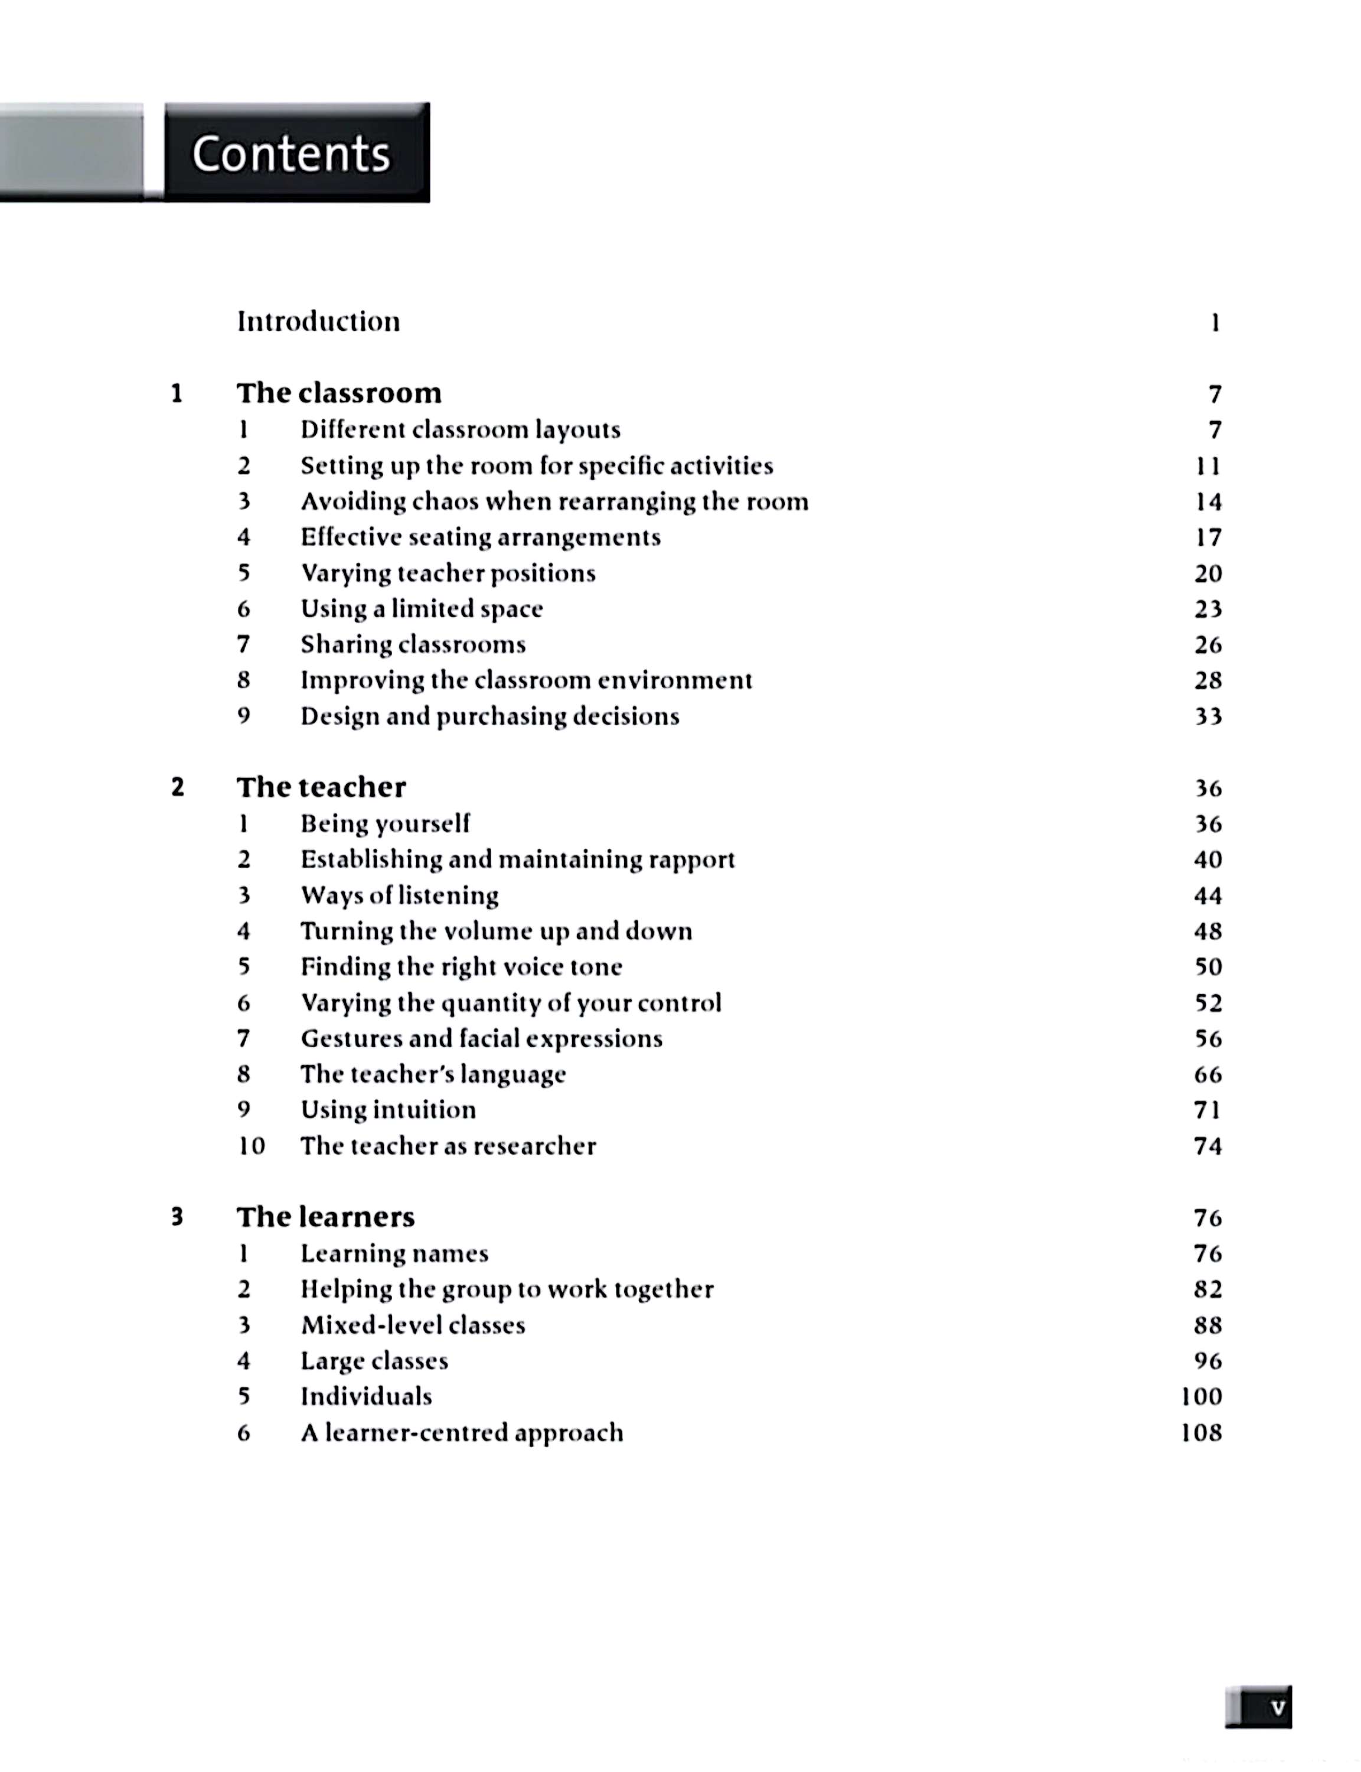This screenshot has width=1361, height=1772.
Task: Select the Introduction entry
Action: tap(318, 322)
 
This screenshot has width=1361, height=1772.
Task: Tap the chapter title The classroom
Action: tap(339, 393)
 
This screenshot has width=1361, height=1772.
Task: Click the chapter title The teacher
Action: tap(321, 787)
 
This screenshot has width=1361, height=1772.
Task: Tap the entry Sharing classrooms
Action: tap(413, 644)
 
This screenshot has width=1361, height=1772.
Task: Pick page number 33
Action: tap(1208, 716)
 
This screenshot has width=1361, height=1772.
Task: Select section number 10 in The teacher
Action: tap(251, 1146)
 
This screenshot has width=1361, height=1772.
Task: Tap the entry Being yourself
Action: tap(385, 824)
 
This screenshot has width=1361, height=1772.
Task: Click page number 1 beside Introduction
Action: tap(1215, 323)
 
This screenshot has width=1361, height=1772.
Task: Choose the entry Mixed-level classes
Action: tap(413, 1325)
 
